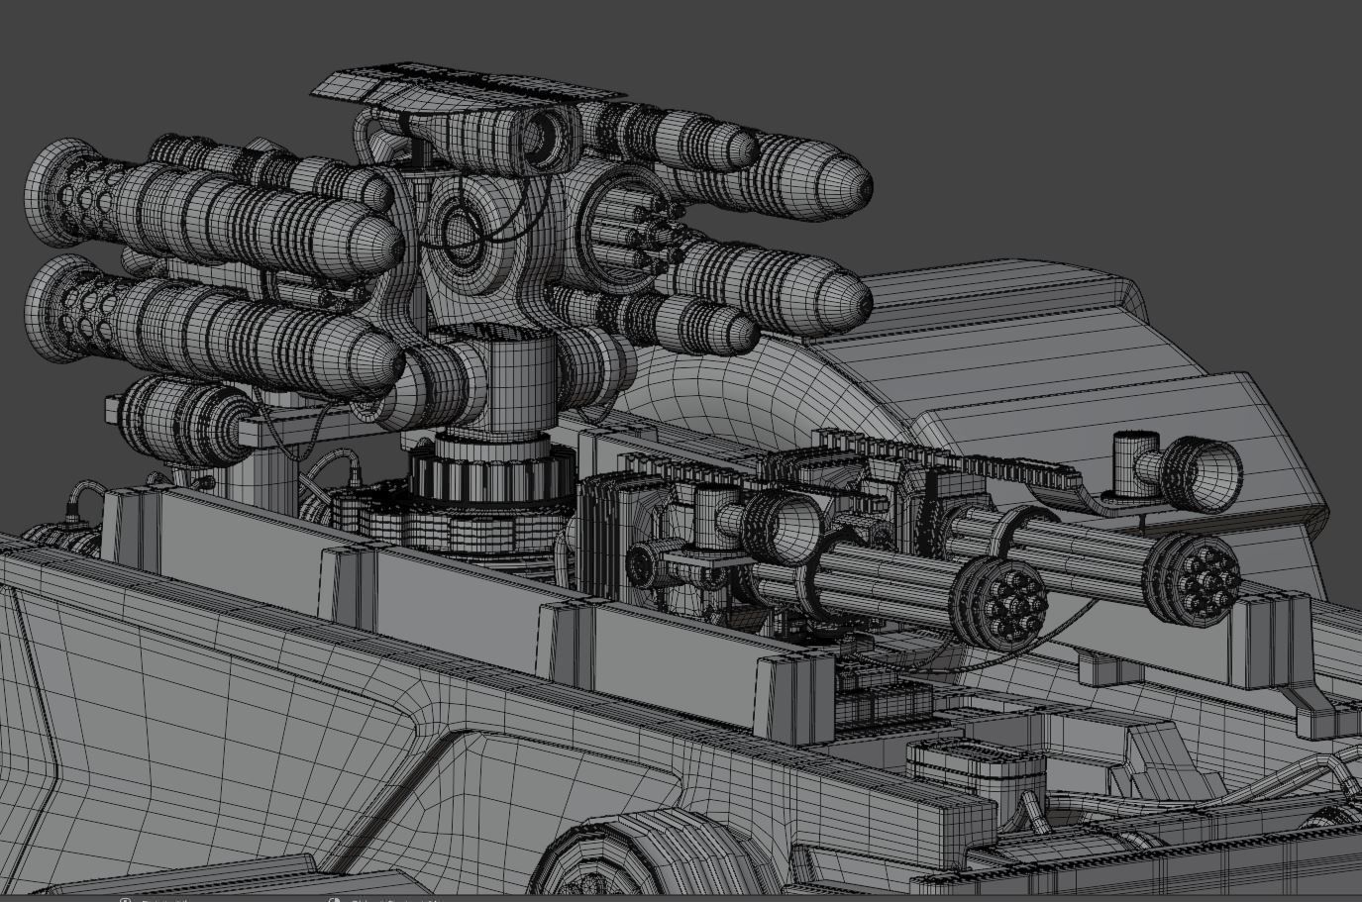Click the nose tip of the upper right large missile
point(860,185)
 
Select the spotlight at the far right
point(1208,472)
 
